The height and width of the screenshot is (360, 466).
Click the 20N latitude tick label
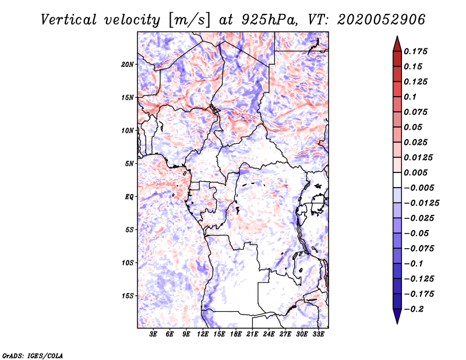pos(128,65)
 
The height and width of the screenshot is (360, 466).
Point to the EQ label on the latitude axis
pos(129,197)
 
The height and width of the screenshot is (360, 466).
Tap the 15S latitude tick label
pos(128,296)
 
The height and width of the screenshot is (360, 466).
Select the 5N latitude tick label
pos(129,164)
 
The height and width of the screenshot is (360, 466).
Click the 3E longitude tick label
pos(153,334)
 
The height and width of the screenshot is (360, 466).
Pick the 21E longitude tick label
pos(252,334)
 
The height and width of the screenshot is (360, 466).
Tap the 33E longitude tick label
pos(318,334)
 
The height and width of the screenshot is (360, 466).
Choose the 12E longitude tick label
pos(203,334)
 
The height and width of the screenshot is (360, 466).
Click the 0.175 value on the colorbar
pos(415,51)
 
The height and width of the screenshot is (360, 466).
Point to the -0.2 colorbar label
pos(414,309)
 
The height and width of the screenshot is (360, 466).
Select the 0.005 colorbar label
pos(415,172)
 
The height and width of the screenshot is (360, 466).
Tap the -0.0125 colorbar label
pos(421,203)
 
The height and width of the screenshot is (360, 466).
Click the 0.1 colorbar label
pos(410,97)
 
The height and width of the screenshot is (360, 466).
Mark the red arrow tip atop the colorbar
pos(397,37)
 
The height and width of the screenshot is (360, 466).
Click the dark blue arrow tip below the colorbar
pos(397,323)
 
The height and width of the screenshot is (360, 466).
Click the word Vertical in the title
pos(69,20)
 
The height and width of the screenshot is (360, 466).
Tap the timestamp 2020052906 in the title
pos(382,20)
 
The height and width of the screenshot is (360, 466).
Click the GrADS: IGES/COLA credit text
pos(33,355)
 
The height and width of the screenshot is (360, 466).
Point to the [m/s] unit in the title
pos(190,20)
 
